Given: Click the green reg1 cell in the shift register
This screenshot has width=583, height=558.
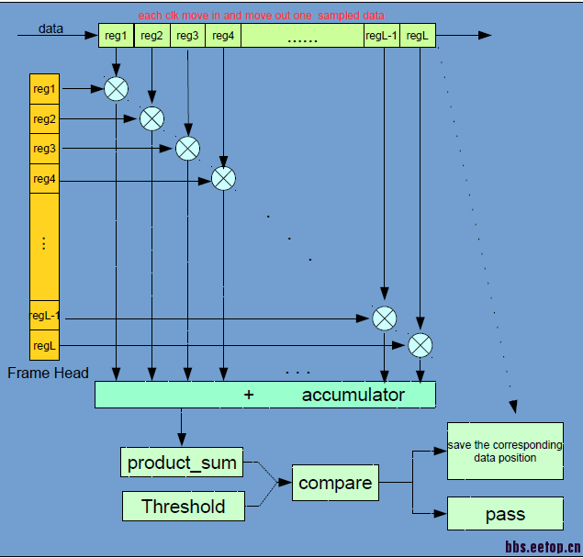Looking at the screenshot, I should point(116,36).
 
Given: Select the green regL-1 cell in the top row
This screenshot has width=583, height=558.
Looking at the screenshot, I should point(381,36).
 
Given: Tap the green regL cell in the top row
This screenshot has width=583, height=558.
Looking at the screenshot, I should point(418,36).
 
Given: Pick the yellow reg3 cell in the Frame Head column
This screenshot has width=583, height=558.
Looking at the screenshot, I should point(44,149).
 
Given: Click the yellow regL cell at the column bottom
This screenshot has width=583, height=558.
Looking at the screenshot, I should point(44,346).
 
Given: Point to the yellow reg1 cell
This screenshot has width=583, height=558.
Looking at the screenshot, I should point(44,89).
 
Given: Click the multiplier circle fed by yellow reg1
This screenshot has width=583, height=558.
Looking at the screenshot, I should point(116,89).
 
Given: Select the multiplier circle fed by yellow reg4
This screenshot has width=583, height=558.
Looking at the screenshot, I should point(223,178).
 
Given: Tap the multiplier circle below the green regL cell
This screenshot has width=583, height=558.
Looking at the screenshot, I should point(420,345).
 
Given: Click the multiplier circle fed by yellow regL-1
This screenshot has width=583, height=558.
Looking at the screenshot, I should point(384,318).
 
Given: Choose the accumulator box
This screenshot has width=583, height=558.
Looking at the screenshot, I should point(265,395).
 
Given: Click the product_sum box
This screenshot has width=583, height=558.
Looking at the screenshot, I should point(182,463).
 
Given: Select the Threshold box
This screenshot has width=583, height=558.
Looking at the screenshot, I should point(183,506).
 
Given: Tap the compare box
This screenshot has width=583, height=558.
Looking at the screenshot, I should point(335,483).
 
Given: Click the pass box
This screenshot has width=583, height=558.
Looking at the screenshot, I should point(505,514).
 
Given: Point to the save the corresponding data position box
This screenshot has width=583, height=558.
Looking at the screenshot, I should point(505,451).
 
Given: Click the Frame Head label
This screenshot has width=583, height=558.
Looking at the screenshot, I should point(48,373).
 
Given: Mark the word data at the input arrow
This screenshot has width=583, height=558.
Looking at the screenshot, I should point(50,28).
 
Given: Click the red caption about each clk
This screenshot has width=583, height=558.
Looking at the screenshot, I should point(261,16).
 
